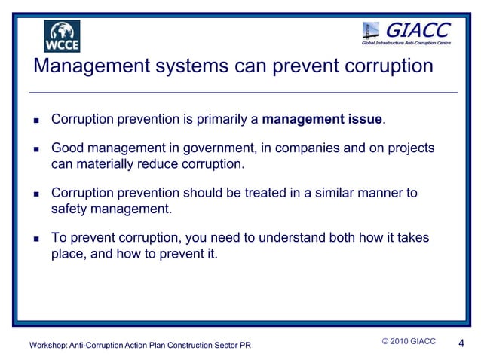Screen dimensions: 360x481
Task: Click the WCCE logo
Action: (x=62, y=35)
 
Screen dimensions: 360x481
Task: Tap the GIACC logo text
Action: (x=418, y=29)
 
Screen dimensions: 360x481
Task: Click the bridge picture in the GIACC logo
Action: (x=372, y=32)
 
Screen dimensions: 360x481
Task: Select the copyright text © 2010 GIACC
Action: (x=409, y=342)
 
